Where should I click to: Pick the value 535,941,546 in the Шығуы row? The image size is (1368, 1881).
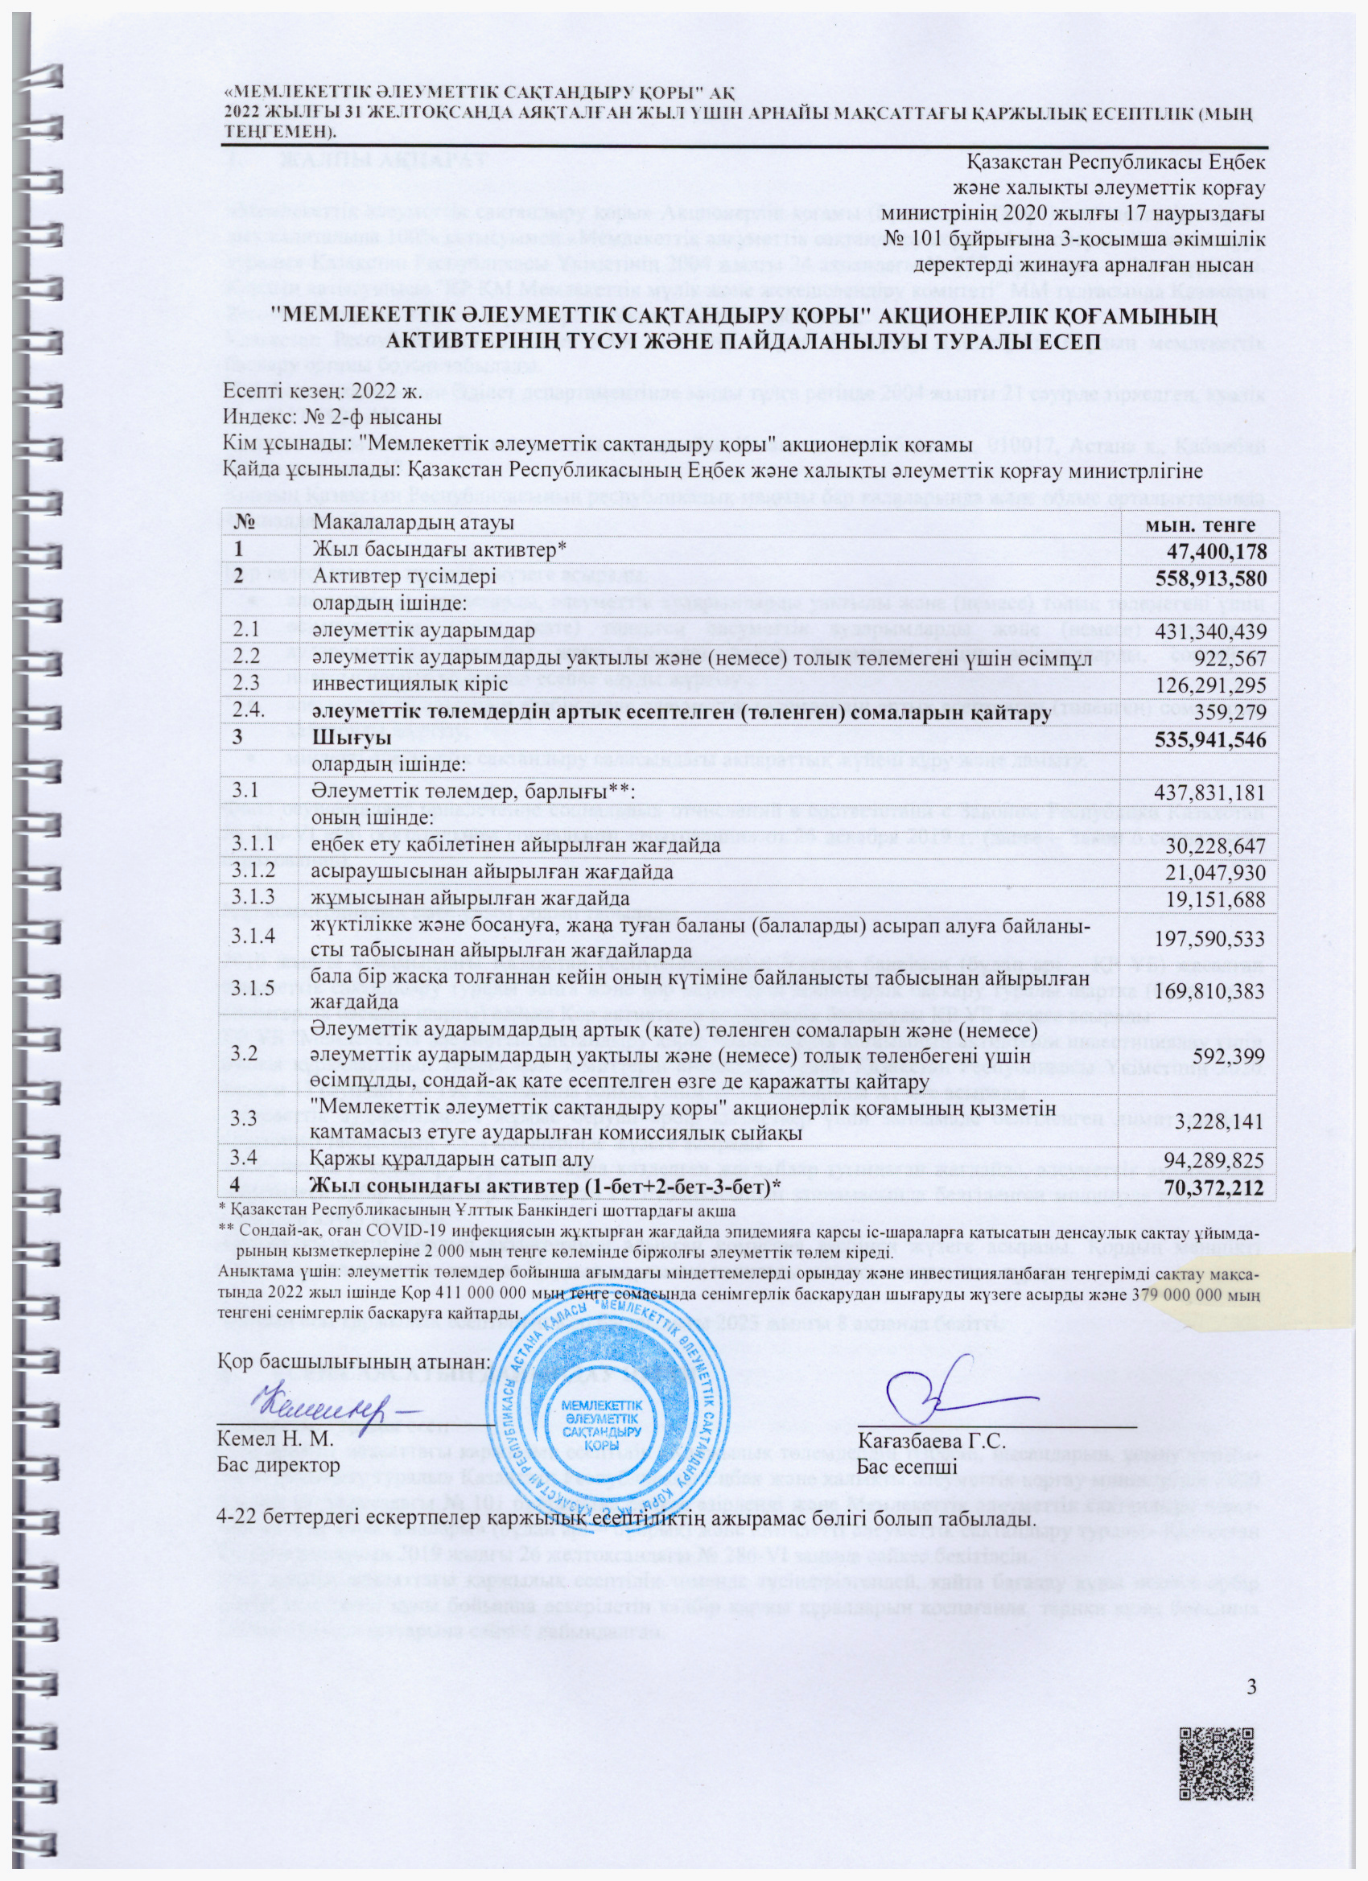tap(1210, 740)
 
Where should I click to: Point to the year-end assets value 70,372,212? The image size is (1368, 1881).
tap(1216, 1188)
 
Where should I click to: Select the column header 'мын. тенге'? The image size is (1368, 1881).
tap(1200, 525)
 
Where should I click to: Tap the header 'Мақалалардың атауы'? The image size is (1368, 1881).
tap(412, 525)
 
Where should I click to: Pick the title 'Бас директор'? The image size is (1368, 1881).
tap(278, 1465)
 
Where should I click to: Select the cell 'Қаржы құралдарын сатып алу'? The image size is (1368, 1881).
tap(452, 1159)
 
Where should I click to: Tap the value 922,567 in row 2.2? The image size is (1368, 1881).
tap(1230, 659)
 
